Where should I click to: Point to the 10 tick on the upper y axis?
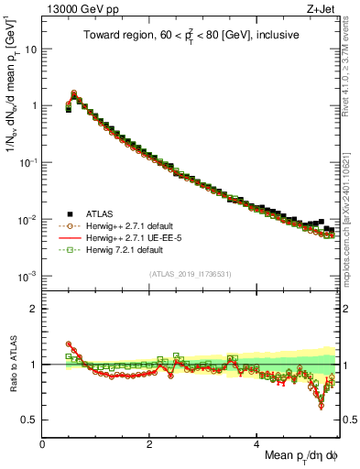(x=31, y=49)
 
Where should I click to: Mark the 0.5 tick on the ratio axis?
(x=29, y=420)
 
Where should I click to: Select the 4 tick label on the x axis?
(x=257, y=443)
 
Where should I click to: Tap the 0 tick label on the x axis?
(x=43, y=443)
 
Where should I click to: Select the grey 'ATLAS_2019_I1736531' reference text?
(x=189, y=273)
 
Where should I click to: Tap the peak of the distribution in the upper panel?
(x=74, y=93)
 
